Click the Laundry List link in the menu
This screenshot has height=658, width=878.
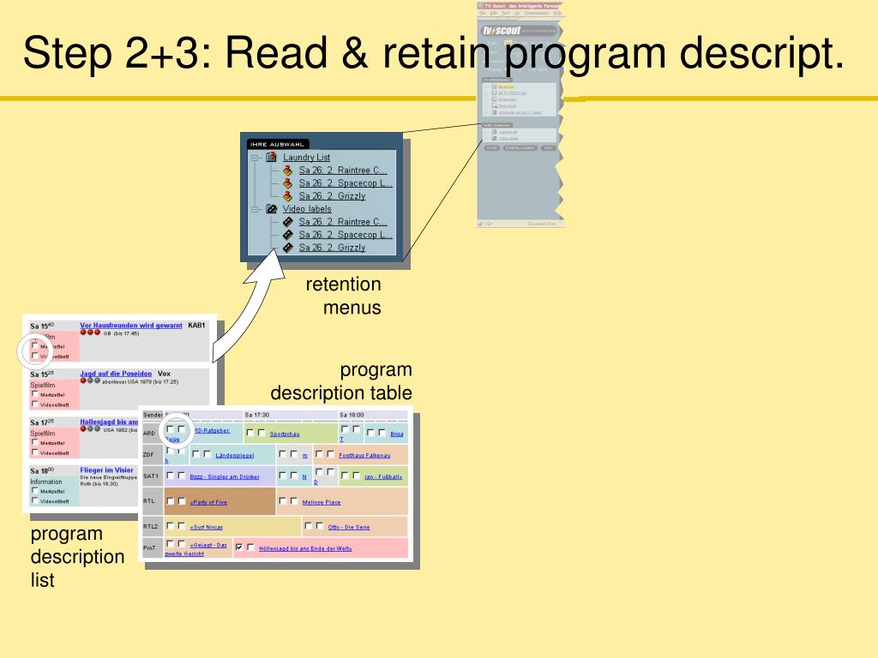point(306,158)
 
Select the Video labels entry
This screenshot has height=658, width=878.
point(306,209)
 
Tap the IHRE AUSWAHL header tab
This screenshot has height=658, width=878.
point(277,144)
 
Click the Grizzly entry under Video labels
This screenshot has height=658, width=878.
point(332,248)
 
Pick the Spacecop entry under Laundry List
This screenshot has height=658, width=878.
point(346,183)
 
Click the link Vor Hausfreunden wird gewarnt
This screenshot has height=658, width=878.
point(131,326)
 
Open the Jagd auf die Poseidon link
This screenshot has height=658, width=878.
point(116,374)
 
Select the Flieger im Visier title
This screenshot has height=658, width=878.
point(107,470)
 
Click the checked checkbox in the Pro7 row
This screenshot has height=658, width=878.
point(239,547)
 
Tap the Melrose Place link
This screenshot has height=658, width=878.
point(322,502)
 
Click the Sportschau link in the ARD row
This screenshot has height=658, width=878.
point(285,434)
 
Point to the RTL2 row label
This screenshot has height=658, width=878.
point(151,527)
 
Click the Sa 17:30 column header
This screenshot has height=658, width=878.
point(256,415)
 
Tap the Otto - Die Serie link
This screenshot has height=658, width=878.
point(349,527)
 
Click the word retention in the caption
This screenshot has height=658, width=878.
point(343,284)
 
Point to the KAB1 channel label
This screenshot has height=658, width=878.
point(196,326)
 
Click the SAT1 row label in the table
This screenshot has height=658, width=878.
point(151,476)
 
